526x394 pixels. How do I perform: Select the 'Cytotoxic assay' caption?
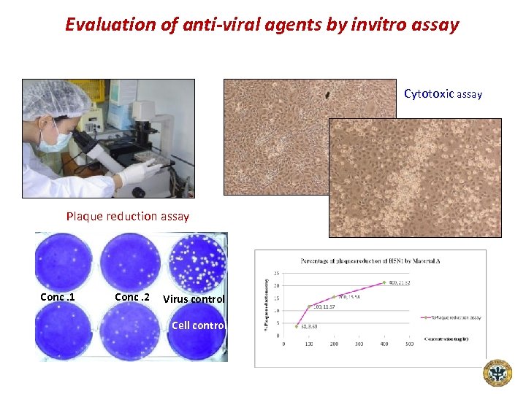(443, 94)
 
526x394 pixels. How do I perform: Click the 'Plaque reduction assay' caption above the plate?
(128, 216)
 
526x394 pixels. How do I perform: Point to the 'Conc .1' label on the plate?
(57, 297)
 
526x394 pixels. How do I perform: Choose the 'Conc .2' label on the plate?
(131, 297)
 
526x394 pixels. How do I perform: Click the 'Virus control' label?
(194, 299)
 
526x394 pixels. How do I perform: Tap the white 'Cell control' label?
(199, 325)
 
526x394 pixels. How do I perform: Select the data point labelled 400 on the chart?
(383, 282)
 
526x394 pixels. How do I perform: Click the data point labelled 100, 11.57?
(309, 306)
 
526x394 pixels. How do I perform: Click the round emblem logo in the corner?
(498, 373)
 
